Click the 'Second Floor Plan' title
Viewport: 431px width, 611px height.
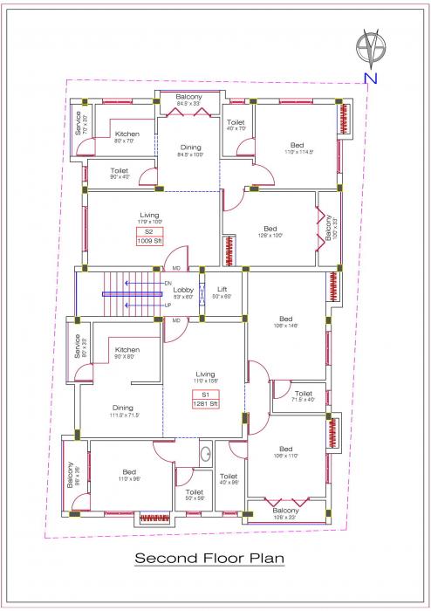tap(209, 559)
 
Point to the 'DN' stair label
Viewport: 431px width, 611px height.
tap(168, 284)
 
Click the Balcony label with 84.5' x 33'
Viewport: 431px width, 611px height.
tap(188, 96)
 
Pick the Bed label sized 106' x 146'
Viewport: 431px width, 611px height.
tap(286, 319)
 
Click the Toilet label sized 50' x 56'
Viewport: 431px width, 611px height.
tap(194, 492)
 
